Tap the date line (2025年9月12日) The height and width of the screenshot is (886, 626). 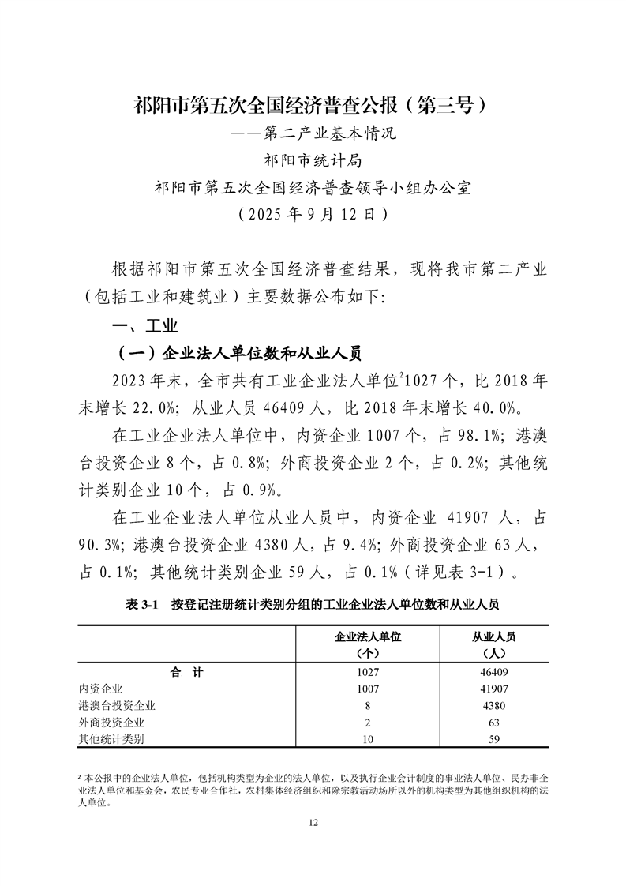[313, 213]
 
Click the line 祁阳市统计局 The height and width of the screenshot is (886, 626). [313, 160]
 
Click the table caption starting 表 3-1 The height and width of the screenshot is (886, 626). [313, 604]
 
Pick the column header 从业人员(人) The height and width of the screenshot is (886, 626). [493, 644]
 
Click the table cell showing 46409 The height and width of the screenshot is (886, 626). [493, 672]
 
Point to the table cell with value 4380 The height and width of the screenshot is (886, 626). [493, 705]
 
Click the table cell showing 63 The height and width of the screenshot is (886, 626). [493, 722]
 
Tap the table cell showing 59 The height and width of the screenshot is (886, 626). [493, 738]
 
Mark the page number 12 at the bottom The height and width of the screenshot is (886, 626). [313, 823]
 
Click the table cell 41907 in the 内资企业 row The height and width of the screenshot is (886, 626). [493, 689]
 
